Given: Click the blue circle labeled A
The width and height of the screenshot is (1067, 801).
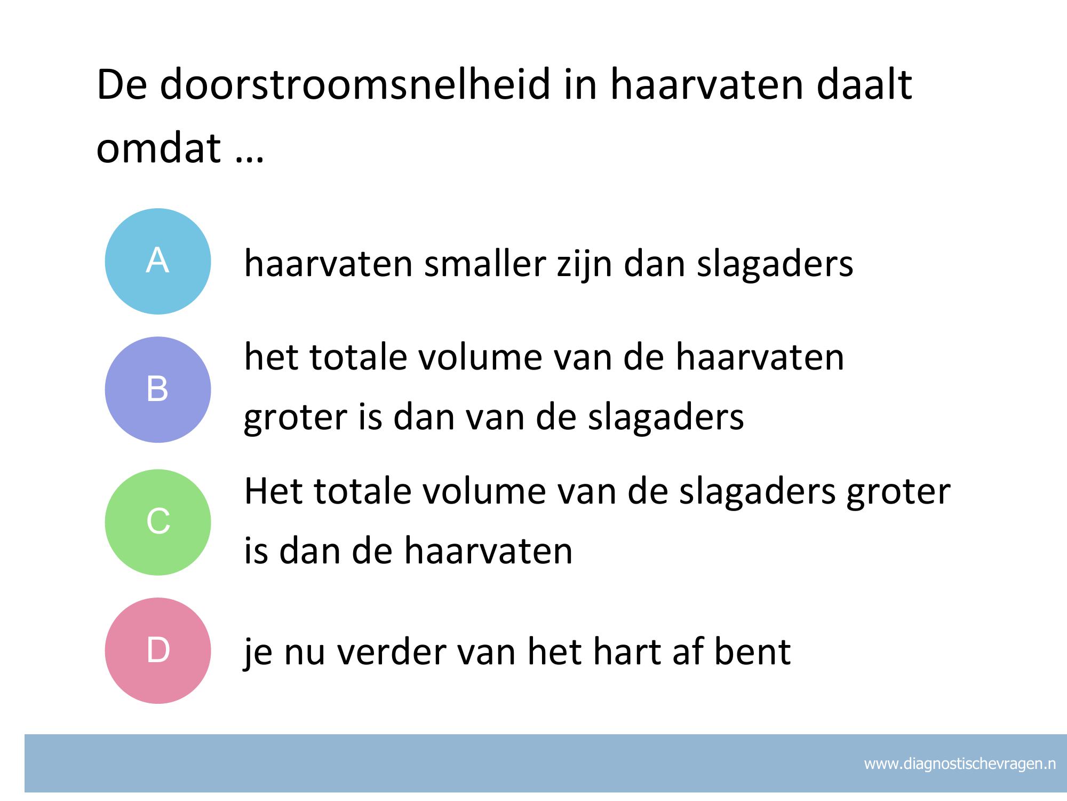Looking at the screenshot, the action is tap(158, 261).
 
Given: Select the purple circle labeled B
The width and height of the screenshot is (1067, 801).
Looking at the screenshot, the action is tap(158, 389).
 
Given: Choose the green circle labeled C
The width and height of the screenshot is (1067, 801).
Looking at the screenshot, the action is tap(158, 522).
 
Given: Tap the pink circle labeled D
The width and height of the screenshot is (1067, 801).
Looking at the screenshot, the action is tap(158, 650).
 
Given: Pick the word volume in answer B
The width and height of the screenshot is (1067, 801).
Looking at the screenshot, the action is tap(480, 357).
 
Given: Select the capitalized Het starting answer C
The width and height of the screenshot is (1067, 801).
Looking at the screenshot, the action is tap(274, 491).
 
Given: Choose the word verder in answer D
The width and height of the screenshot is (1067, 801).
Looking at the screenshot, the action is tap(391, 651).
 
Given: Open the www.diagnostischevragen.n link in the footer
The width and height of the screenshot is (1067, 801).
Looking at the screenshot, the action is tap(960, 764).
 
